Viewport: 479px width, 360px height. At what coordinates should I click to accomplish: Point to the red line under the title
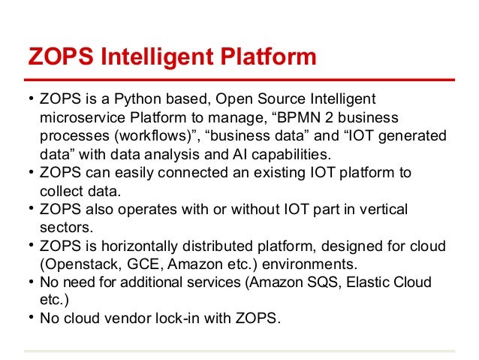[x=239, y=79]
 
